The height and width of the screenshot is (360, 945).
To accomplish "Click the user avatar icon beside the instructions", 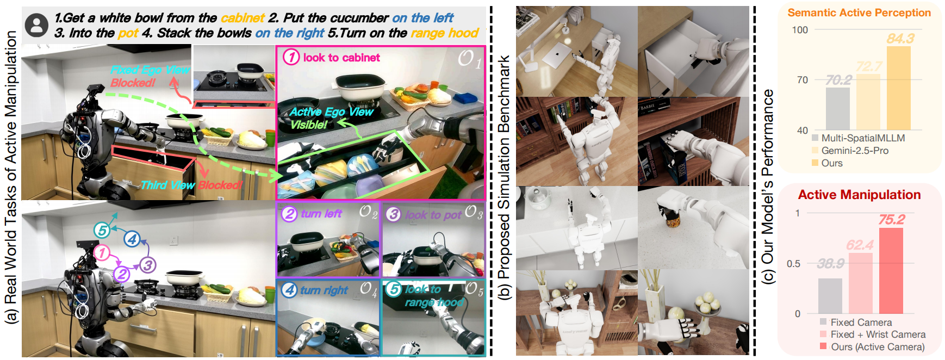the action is point(37,26).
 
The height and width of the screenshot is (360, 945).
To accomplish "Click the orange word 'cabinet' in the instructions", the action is point(243,18).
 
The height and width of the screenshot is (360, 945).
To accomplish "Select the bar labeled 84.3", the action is point(898,88).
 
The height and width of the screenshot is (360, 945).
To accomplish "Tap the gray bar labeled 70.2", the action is point(837,109).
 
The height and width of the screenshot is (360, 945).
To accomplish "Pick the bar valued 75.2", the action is point(891,271).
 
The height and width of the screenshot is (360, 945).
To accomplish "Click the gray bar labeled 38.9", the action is point(830,296).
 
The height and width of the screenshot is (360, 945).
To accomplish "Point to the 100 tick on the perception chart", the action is point(800,30).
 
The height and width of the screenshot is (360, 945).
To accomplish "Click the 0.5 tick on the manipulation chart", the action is point(793,264).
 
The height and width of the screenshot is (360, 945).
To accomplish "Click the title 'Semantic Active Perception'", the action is point(859,13).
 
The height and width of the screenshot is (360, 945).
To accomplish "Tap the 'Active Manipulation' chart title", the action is point(859,195).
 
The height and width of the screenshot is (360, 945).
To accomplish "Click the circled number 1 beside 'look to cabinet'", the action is point(291,57).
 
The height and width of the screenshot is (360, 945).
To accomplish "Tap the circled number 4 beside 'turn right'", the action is point(289,290).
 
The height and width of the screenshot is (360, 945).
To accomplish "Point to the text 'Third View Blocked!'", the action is point(191,185).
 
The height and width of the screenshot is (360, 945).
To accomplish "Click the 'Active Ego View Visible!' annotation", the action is point(331,118).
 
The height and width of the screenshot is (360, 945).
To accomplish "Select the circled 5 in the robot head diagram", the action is point(102,230).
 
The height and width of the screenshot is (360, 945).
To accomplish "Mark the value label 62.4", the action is point(860,245).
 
